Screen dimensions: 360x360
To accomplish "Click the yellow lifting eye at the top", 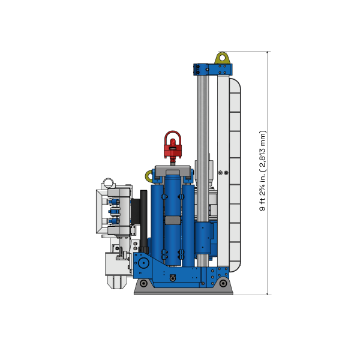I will pos(223,58).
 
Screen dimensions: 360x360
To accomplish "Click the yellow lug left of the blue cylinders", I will pos(149,175).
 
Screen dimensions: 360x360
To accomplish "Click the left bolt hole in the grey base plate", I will pos(144,283).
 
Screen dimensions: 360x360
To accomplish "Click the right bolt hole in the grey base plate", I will pos(223,283).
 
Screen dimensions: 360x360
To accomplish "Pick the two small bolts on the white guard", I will pos(222,173).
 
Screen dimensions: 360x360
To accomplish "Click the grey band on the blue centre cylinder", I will pos(172,220).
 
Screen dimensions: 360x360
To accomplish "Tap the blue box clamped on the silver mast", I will pos(205,238).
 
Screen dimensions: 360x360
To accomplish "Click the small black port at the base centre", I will pos(173,277).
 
